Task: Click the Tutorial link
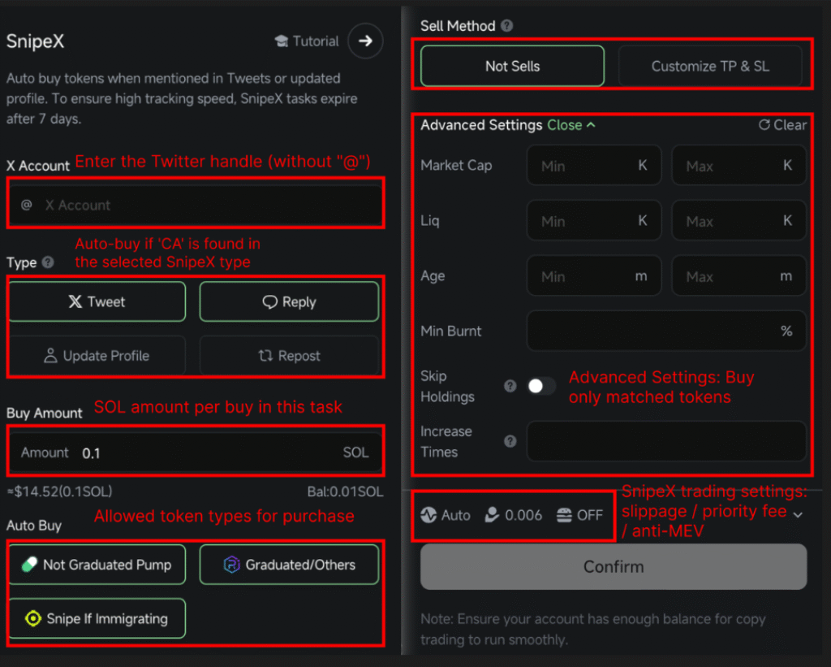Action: tap(308, 41)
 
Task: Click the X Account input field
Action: tap(195, 205)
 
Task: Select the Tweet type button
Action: tap(97, 302)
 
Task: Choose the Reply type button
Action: tap(289, 302)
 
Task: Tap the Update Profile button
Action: tap(97, 356)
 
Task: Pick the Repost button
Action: tap(289, 356)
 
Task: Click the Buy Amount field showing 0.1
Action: tap(195, 453)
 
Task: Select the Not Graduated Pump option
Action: tap(97, 565)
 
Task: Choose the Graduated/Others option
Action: tap(289, 565)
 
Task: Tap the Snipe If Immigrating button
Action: tap(97, 618)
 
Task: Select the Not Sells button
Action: tap(512, 66)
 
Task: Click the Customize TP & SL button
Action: tap(710, 66)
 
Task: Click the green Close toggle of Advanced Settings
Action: tap(571, 125)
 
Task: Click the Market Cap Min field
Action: tap(593, 166)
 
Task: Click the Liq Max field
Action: tap(738, 221)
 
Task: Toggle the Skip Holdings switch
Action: tap(540, 387)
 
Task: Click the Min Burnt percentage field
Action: tap(665, 331)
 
